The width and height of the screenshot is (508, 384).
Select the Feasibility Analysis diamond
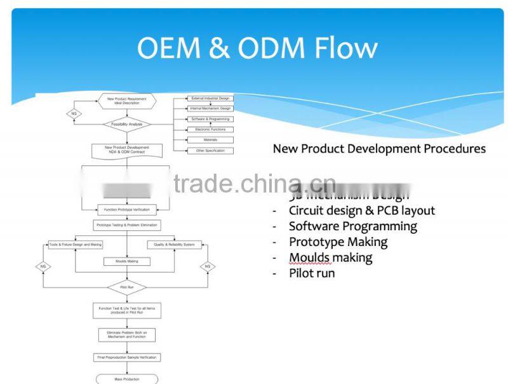[127, 124]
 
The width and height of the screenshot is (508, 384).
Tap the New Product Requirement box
[127, 101]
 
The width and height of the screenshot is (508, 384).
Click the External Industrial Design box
[210, 99]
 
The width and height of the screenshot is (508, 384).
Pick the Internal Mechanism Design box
[210, 109]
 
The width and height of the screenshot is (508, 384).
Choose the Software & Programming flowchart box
[210, 119]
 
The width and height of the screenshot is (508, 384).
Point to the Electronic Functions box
[210, 129]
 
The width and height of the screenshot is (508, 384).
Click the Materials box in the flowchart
[210, 140]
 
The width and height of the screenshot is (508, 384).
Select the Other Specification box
[210, 151]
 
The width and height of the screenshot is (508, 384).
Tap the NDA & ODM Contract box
[127, 151]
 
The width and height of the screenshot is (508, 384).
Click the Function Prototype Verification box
[127, 210]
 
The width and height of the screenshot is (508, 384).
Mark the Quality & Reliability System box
[174, 245]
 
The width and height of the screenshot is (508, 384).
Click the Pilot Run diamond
[127, 287]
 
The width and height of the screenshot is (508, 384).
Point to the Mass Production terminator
[127, 379]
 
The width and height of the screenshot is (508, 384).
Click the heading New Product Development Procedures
[379, 149]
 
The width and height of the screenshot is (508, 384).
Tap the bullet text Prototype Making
[338, 242]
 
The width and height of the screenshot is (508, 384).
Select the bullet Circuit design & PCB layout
[361, 210]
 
